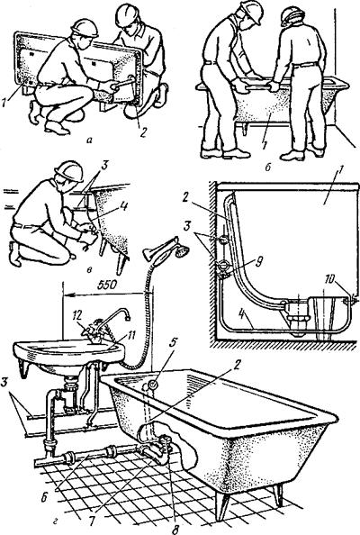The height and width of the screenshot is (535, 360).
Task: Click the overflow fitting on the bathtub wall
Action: pos(153,385)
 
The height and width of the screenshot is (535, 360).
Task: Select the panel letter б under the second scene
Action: pos(268,168)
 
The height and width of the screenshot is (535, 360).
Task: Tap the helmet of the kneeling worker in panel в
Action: pos(69,170)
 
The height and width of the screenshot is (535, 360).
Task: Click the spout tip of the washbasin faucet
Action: pos(127,318)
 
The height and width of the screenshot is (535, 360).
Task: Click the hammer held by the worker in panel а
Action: pos(123,84)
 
